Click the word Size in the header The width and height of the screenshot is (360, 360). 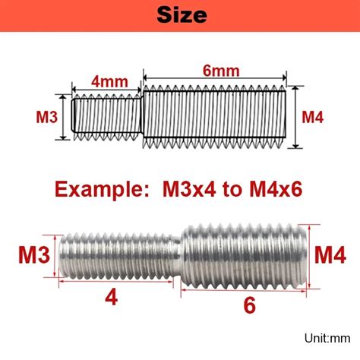(182, 15)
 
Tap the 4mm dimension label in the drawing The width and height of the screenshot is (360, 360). (109, 82)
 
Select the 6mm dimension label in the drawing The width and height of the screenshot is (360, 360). (221, 71)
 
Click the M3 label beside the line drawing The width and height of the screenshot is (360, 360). (47, 117)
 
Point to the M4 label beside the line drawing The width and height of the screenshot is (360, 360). (313, 117)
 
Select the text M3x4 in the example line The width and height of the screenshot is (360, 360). (189, 189)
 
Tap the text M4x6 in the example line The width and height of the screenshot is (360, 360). (276, 189)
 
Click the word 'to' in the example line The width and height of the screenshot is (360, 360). (232, 190)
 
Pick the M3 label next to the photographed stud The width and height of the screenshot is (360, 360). (34, 255)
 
